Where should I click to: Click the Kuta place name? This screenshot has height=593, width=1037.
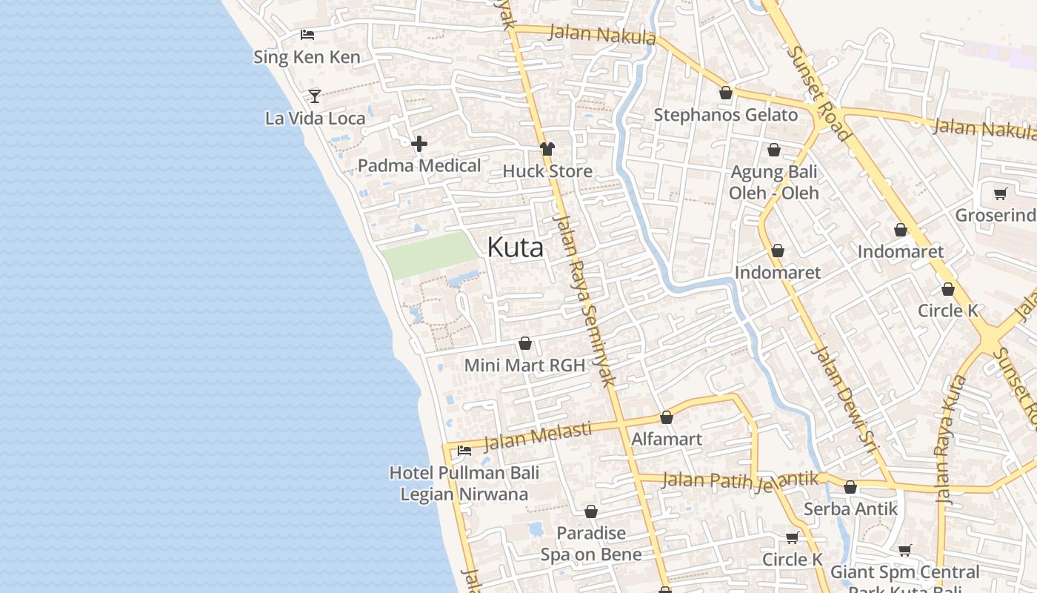[x=515, y=248]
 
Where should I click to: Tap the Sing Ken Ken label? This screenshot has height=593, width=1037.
[x=307, y=57]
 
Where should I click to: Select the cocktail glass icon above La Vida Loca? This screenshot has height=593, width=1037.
[x=315, y=96]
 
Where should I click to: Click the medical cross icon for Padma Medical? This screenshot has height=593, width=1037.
[x=419, y=143]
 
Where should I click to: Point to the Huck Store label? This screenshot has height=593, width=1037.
[x=547, y=171]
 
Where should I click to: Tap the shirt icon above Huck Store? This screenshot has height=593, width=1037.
[x=547, y=149]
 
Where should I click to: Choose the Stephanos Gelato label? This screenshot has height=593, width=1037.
[x=725, y=115]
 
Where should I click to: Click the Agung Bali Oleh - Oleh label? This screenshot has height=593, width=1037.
[x=773, y=182]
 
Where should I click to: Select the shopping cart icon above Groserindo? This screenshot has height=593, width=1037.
[x=1001, y=194]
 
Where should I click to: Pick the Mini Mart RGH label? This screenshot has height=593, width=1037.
[x=524, y=365]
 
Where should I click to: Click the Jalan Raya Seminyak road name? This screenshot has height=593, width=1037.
[x=585, y=300]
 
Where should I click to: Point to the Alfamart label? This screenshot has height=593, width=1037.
[x=666, y=439]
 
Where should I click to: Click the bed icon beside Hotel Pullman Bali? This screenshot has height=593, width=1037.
[x=464, y=450]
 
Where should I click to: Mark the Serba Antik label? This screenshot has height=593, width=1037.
[x=850, y=509]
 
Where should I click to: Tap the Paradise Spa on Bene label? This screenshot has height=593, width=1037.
[x=590, y=543]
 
